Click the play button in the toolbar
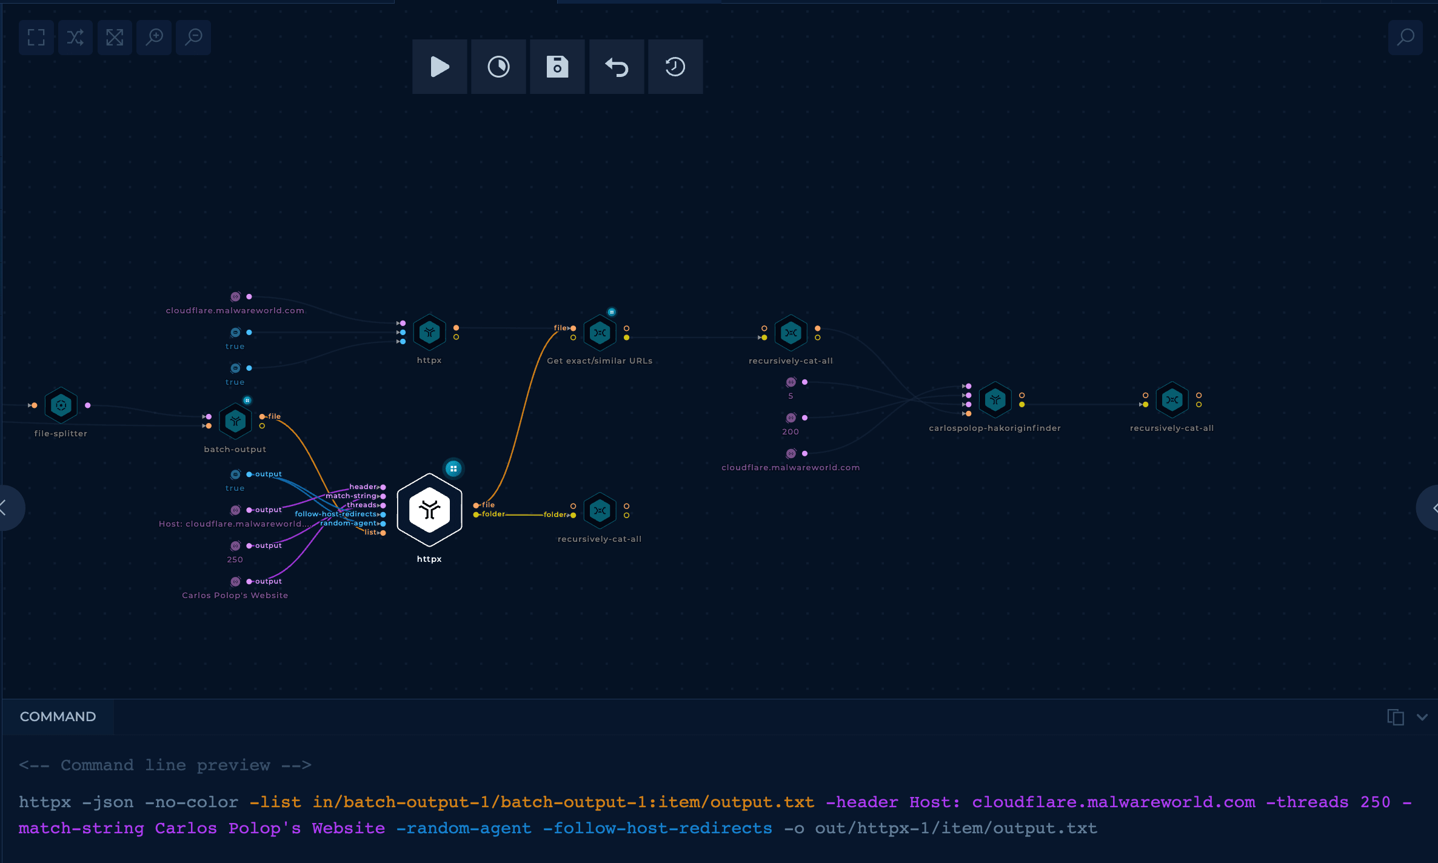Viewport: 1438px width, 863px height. pyautogui.click(x=440, y=67)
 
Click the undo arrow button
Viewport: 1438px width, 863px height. pyautogui.click(x=617, y=67)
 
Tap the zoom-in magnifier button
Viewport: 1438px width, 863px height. pyautogui.click(x=154, y=38)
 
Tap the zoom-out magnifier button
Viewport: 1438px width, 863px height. pyautogui.click(x=193, y=38)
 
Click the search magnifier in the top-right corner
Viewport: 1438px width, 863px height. pyautogui.click(x=1405, y=38)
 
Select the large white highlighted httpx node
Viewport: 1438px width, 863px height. pyautogui.click(x=429, y=510)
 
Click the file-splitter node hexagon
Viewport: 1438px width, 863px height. pyautogui.click(x=61, y=405)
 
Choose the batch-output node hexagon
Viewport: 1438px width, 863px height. pyautogui.click(x=235, y=421)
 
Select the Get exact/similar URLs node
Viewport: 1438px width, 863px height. pyautogui.click(x=600, y=333)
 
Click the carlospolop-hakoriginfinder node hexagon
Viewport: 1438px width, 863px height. pyautogui.click(x=995, y=400)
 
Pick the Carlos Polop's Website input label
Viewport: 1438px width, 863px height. pyautogui.click(x=235, y=595)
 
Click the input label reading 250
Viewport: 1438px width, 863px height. pyautogui.click(x=235, y=559)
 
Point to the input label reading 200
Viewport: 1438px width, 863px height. pyautogui.click(x=791, y=431)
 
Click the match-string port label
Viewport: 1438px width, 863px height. pyautogui.click(x=351, y=496)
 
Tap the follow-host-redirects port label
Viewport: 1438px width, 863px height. pyautogui.click(x=336, y=514)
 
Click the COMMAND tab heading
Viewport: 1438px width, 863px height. pyautogui.click(x=58, y=716)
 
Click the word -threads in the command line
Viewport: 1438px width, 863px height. pyautogui.click(x=1307, y=802)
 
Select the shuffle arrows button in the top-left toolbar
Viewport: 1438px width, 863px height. pyautogui.click(x=75, y=38)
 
